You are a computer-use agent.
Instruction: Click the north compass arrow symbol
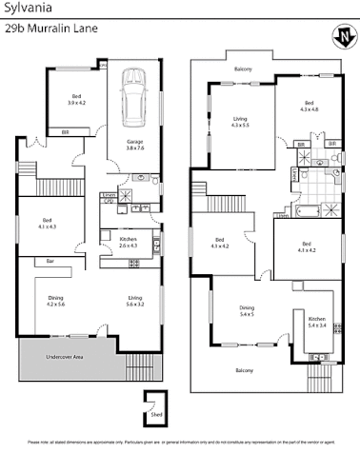(x=342, y=38)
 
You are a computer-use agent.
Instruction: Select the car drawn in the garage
(x=132, y=96)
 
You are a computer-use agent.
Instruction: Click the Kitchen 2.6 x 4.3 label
(x=129, y=242)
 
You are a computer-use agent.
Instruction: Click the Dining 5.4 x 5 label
(x=247, y=310)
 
